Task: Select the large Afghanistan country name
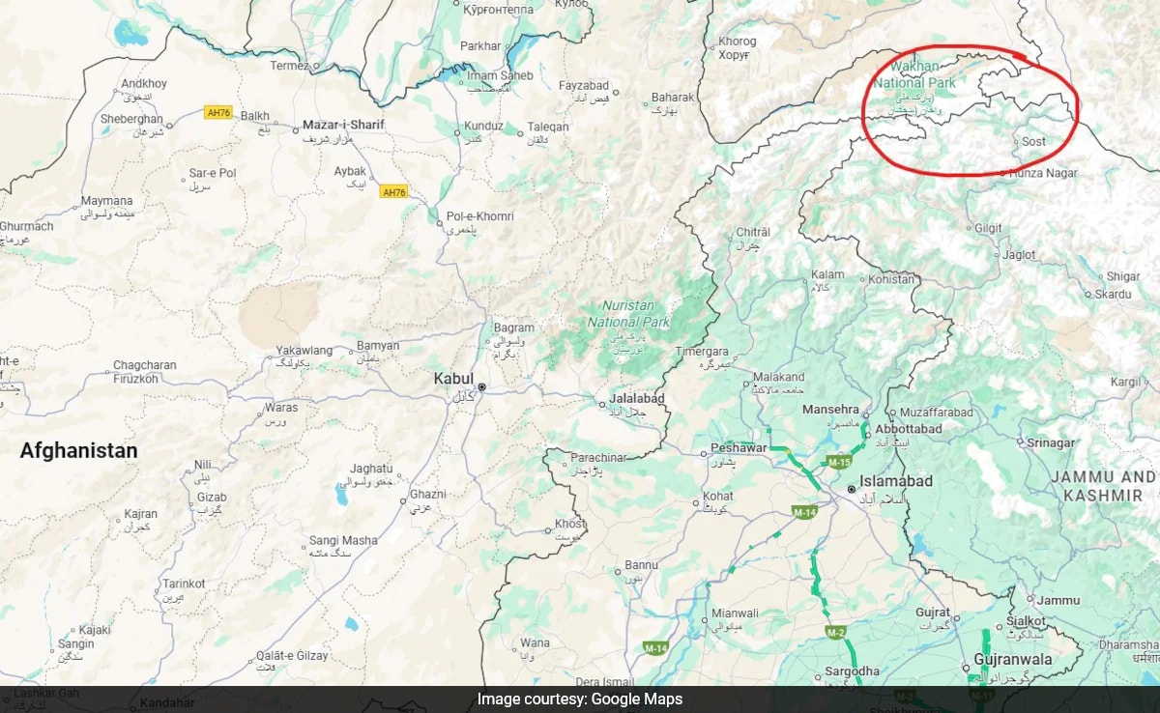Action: pos(78,450)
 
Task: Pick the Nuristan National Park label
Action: pos(628,313)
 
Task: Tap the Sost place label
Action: pos(1033,141)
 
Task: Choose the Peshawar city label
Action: pos(739,448)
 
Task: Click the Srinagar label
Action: pos(1050,442)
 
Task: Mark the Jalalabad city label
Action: pos(637,399)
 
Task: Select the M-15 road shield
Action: pos(837,463)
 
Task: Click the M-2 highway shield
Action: pos(836,632)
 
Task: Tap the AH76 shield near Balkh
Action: pos(217,112)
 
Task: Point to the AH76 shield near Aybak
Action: pos(393,192)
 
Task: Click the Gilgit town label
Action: pos(988,228)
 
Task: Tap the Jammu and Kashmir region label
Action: pos(1103,486)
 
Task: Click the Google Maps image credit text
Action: pos(579,699)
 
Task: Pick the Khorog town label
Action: pos(737,42)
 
